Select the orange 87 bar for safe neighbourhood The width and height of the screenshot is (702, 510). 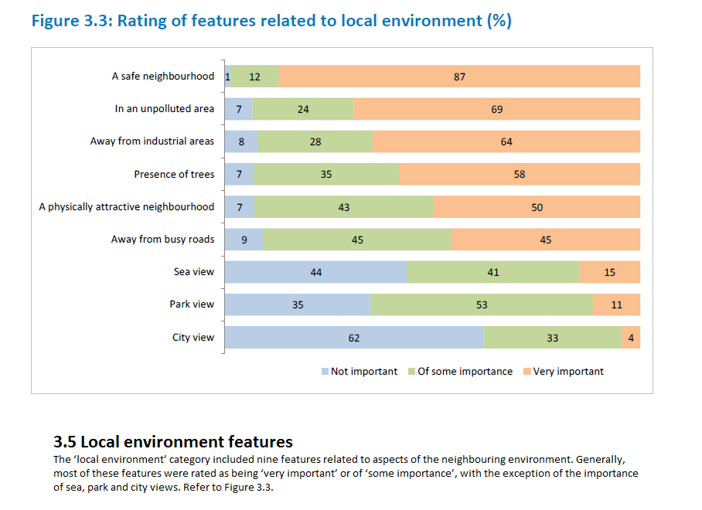coord(459,76)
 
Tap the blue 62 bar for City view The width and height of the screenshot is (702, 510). coord(354,338)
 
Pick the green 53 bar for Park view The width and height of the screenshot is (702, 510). coord(482,305)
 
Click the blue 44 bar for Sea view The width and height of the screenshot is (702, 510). coord(315,272)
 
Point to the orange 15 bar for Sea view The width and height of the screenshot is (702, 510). coord(610,272)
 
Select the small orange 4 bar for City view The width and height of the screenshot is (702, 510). coord(631,338)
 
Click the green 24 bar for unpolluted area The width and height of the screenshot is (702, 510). coord(303,109)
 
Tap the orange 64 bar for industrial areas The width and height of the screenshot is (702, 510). coord(506,141)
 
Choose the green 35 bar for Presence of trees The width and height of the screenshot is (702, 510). coord(326,175)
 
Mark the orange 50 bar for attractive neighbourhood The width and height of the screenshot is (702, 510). coord(537,207)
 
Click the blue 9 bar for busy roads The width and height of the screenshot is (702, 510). coord(244,240)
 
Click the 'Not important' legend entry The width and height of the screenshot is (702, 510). coord(360,372)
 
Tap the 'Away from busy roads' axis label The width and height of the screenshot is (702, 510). coord(162,240)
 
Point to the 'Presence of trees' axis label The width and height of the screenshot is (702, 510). coord(174,175)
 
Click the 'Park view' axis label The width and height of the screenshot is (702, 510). coord(192,304)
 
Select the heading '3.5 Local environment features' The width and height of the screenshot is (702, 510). coord(173,442)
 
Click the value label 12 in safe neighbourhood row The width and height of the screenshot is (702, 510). coord(254,76)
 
